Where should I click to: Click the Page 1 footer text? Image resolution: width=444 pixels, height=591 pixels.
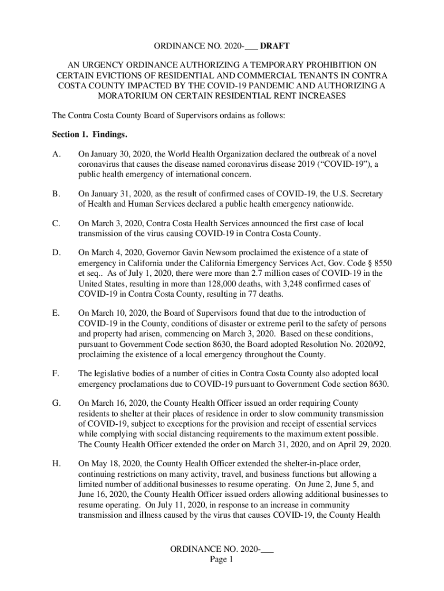[222, 559]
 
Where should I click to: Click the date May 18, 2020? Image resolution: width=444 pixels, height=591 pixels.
[112, 462]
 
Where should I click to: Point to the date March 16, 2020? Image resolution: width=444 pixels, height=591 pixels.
[116, 403]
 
